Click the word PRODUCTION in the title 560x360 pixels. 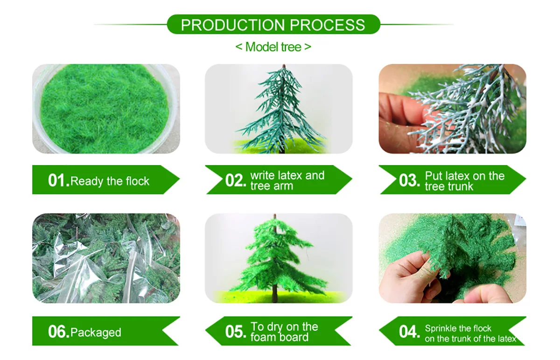[233, 25]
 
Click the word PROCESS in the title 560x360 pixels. [328, 25]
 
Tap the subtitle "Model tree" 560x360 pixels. [273, 47]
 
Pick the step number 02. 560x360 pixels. [236, 180]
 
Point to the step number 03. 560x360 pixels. [410, 180]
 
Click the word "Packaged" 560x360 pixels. [96, 333]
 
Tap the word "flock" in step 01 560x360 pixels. [138, 181]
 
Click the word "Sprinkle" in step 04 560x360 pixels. [440, 328]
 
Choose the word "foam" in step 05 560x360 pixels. [264, 337]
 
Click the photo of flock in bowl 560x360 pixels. [106, 109]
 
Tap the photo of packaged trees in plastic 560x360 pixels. [106, 258]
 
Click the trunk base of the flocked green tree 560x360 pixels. [275, 298]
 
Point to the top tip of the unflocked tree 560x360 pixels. [284, 65]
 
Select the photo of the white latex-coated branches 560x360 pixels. [453, 109]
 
